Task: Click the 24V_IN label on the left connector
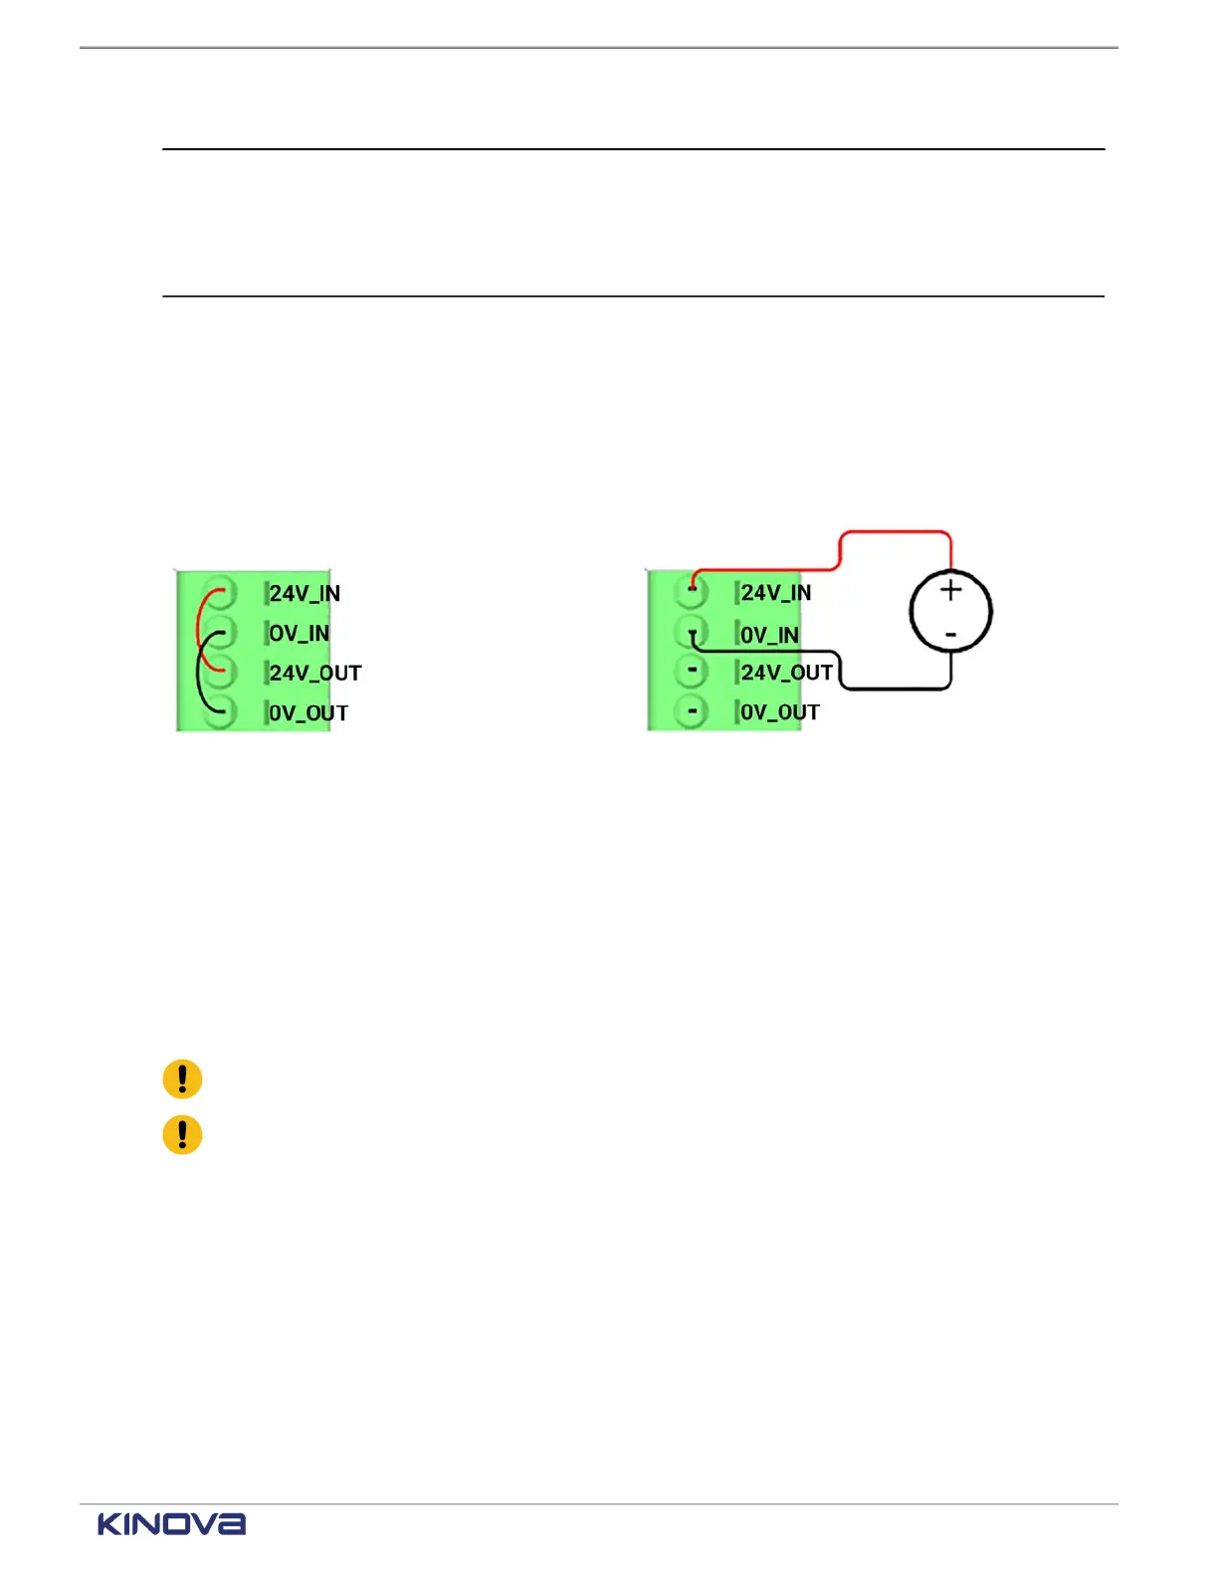[x=304, y=594]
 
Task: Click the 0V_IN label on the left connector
[x=299, y=634]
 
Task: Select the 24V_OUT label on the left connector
[x=314, y=674]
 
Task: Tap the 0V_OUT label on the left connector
[x=308, y=713]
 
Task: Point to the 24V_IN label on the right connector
[x=776, y=593]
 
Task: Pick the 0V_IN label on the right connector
[x=769, y=635]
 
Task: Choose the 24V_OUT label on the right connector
[x=786, y=673]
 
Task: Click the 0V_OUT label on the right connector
[x=780, y=712]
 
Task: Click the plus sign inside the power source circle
[x=951, y=590]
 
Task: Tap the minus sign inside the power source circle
[x=951, y=634]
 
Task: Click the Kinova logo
[x=171, y=1524]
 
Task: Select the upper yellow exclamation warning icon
[x=182, y=1079]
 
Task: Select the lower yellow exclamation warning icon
[x=182, y=1134]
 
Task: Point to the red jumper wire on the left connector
[x=200, y=627]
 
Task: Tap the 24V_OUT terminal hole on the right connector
[x=692, y=672]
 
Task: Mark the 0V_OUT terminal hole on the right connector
[x=692, y=711]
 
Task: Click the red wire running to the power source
[x=896, y=532]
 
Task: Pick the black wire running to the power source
[x=896, y=689]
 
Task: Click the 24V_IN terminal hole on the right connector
[x=692, y=592]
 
